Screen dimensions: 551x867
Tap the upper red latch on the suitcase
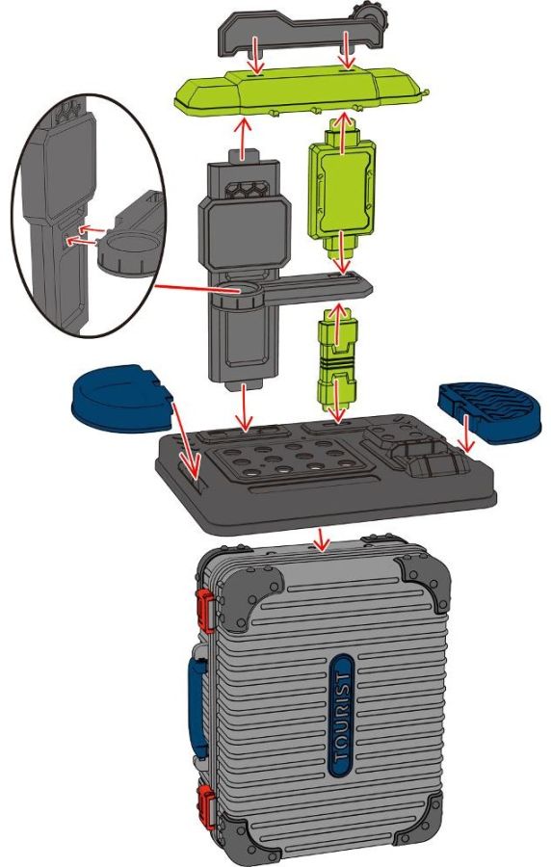[x=206, y=610]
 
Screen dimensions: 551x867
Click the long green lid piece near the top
[x=302, y=92]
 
